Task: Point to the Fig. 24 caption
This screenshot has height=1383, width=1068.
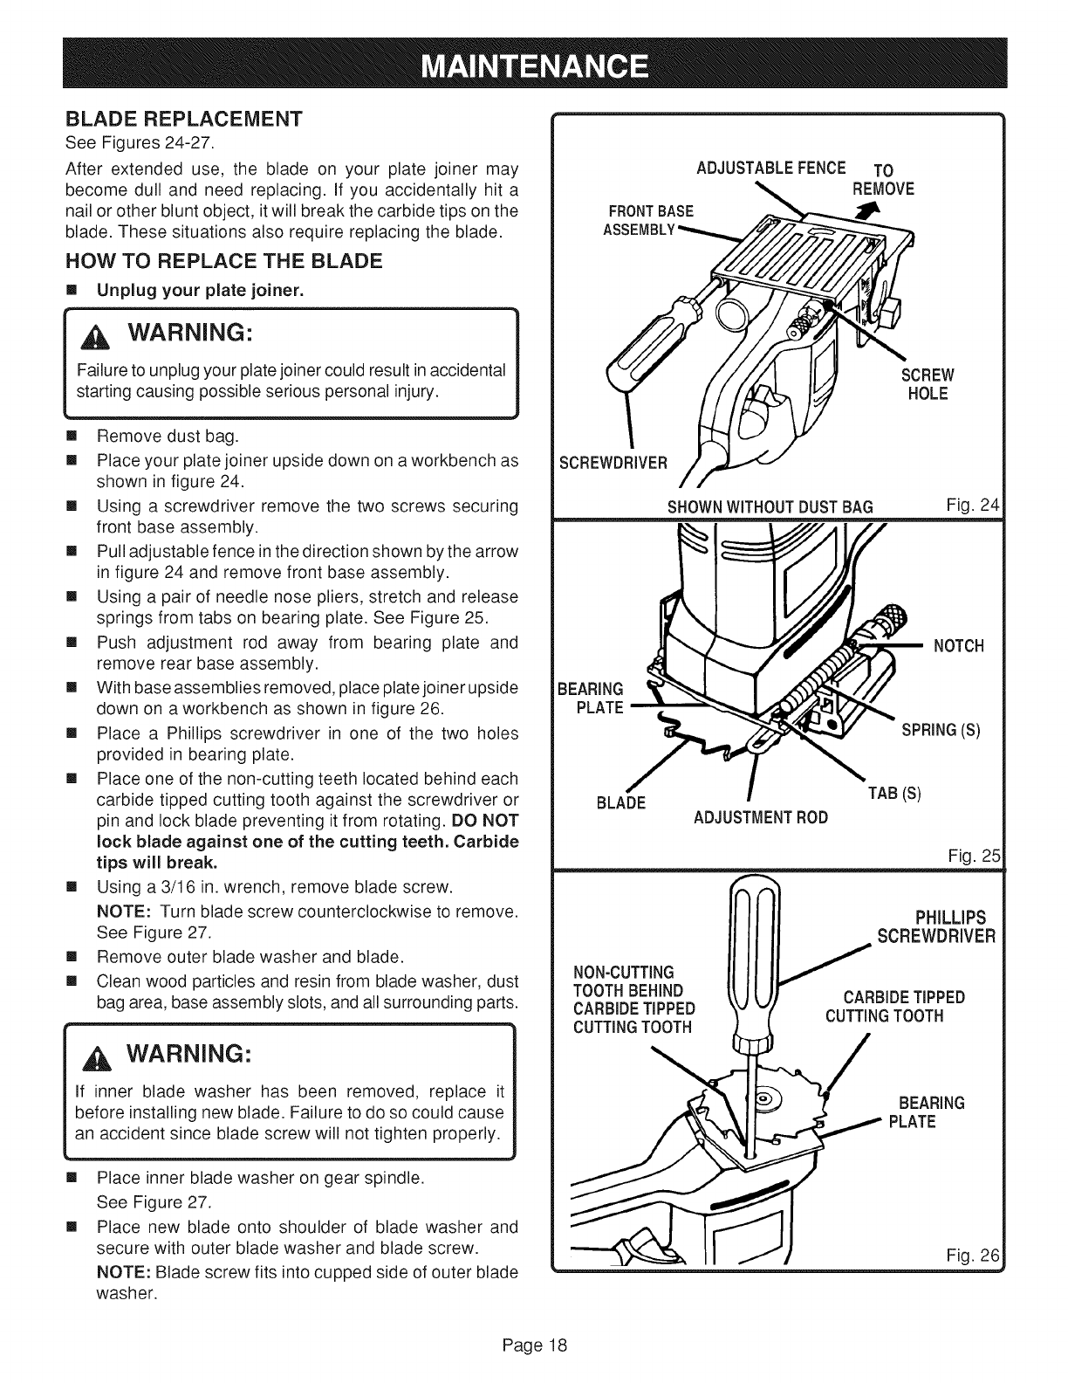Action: pyautogui.click(x=974, y=505)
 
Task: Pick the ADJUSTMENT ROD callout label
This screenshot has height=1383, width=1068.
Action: pyautogui.click(x=760, y=818)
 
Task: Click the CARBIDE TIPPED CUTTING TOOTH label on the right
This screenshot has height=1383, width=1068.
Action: pyautogui.click(x=895, y=1007)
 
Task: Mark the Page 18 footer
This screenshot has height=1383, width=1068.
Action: pyautogui.click(x=534, y=1345)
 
